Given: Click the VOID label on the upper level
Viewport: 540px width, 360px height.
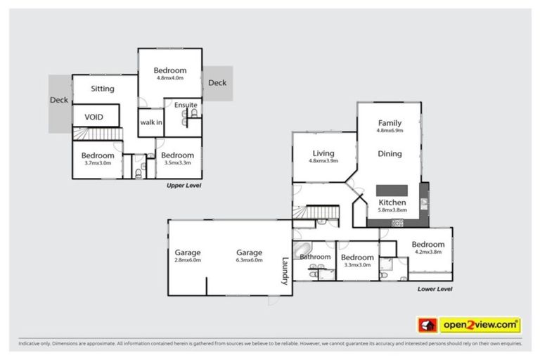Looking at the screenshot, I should (x=95, y=117).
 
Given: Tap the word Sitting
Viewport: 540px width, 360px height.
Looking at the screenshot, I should (x=103, y=89).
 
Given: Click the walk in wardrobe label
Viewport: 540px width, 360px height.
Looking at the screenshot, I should (x=151, y=122).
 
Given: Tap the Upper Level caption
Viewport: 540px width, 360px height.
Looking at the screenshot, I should (x=184, y=186).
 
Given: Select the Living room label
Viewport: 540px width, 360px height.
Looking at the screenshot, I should (x=323, y=153).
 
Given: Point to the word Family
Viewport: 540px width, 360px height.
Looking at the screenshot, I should (x=390, y=123).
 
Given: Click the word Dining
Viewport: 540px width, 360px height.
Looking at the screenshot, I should (x=390, y=153).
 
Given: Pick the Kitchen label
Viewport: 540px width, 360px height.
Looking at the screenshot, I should (x=392, y=202).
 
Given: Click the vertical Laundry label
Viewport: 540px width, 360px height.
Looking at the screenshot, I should (x=285, y=270).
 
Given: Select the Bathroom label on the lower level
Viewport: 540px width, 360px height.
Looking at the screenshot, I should (x=315, y=257).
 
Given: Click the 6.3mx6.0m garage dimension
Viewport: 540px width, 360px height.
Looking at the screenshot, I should (x=249, y=260).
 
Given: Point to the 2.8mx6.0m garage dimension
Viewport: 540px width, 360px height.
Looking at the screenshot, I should (x=188, y=260).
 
